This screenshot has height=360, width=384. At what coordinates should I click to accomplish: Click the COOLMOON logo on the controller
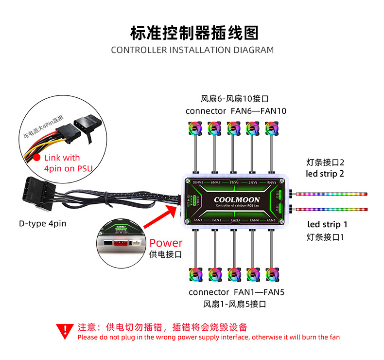pyautogui.click(x=237, y=199)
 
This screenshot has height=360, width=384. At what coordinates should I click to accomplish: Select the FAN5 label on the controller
pyautogui.click(x=271, y=220)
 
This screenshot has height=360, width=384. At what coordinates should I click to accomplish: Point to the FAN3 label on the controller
pyautogui.click(x=235, y=220)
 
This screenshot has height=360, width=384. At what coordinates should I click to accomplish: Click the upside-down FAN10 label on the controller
pyautogui.click(x=197, y=182)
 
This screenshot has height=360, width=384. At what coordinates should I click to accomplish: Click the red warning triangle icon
pyautogui.click(x=64, y=331)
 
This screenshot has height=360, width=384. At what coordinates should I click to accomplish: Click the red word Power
pyautogui.click(x=166, y=243)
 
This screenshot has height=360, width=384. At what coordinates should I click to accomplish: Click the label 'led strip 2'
pyautogui.click(x=325, y=174)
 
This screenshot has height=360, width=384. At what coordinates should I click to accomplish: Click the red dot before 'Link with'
pyautogui.click(x=36, y=158)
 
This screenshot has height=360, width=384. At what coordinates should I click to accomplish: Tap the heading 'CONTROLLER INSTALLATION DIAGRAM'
pyautogui.click(x=192, y=50)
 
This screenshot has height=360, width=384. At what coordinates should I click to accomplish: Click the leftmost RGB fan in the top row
pyautogui.click(x=195, y=128)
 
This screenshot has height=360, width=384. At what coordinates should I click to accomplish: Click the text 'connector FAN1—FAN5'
pyautogui.click(x=236, y=292)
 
